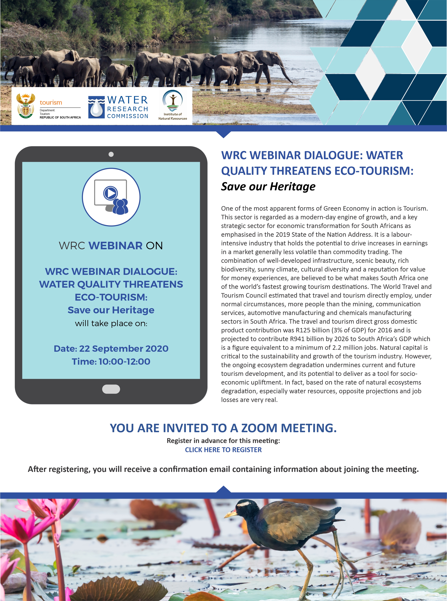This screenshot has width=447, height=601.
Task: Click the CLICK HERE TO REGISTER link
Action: coord(223,450)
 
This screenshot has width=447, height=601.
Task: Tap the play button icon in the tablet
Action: coord(110,193)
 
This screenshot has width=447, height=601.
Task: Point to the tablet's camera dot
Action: coord(111,154)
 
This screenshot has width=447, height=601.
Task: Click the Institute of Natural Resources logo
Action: coord(173,105)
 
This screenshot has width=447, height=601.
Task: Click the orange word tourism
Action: coord(51,103)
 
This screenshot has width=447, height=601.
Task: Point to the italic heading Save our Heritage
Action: coord(268,186)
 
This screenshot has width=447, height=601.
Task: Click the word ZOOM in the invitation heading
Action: coord(259,428)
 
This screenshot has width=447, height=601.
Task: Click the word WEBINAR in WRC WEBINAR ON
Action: coord(116,246)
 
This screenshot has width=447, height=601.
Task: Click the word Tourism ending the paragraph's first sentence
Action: coord(415,208)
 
